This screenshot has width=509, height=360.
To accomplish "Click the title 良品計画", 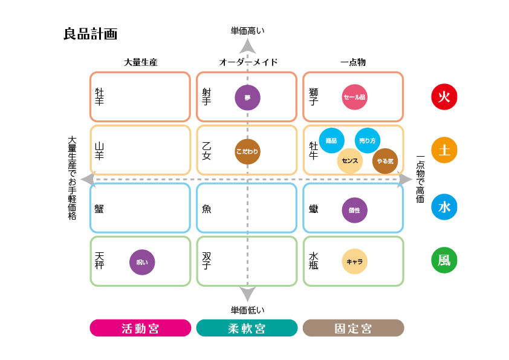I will point(90,34).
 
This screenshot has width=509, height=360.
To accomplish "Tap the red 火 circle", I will point(444,97).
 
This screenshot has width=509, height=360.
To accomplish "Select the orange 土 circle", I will point(444,151).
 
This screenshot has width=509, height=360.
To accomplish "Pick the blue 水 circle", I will point(444,208).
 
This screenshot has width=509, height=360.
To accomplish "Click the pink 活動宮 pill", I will point(140,328).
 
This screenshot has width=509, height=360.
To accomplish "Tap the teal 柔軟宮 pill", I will point(247,328).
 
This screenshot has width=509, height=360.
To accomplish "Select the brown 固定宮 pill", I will point(353,328).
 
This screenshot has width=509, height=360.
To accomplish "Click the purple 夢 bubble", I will point(247,97).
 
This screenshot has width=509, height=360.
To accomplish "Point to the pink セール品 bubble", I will point(354,97).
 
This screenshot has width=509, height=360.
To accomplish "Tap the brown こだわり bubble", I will point(247,152).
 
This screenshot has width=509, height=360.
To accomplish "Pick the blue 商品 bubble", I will point(331,140).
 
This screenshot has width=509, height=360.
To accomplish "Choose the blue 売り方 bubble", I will point(368,140).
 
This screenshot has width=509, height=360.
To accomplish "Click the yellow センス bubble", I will point(350,161).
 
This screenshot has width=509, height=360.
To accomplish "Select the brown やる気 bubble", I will point(385,161).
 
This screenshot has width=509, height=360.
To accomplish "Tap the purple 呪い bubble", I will point(142,262).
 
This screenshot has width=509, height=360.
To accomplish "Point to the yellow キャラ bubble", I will point(354,262).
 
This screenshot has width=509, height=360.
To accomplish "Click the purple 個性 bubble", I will point(354,210).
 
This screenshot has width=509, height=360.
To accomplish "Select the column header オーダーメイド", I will point(248,62).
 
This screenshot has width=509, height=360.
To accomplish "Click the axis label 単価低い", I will point(247,310).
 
